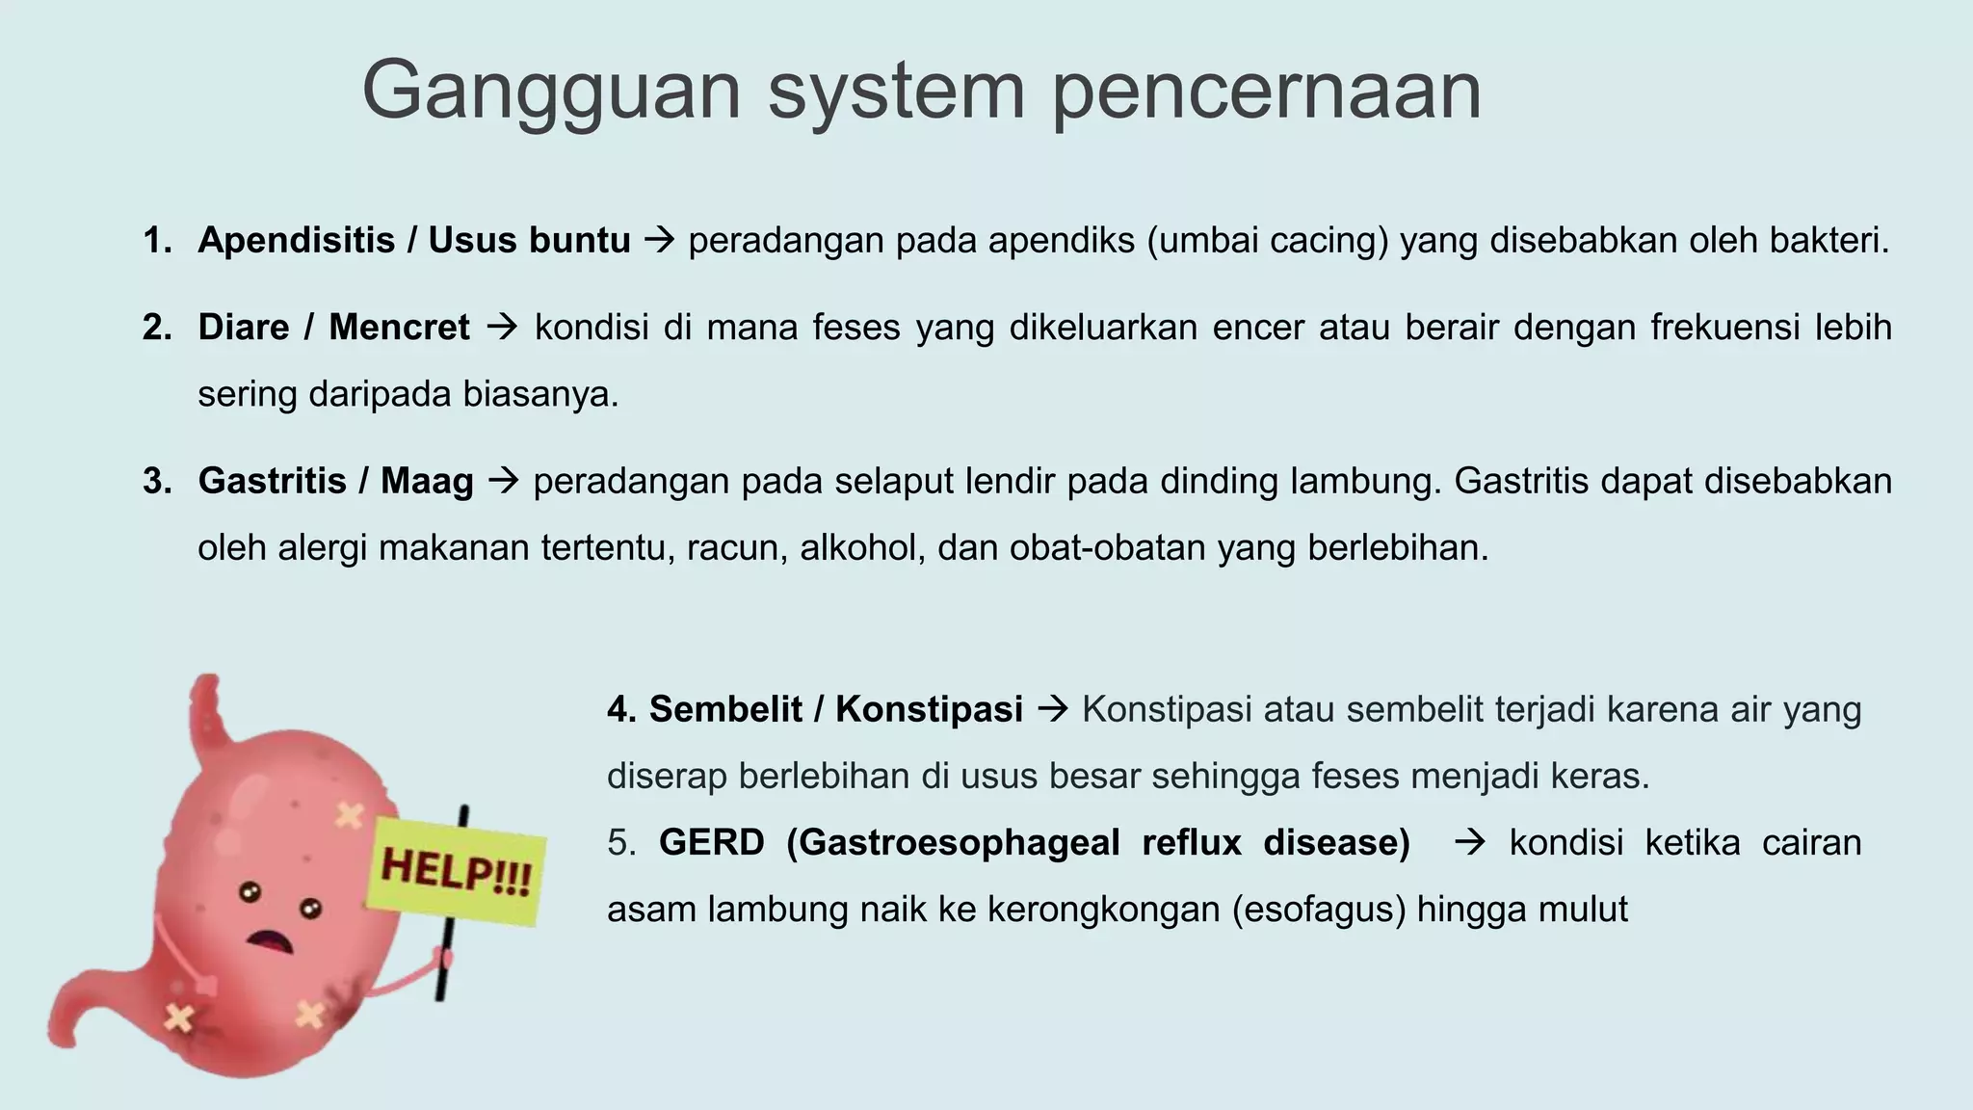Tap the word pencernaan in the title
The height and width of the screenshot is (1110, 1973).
tap(1265, 92)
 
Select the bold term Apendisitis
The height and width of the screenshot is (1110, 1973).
tap(296, 240)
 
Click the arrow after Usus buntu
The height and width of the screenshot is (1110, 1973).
tap(659, 240)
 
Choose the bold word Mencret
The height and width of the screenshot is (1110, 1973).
tap(399, 328)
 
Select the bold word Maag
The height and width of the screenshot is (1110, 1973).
tap(427, 481)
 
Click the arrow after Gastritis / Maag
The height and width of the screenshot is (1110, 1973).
tap(503, 481)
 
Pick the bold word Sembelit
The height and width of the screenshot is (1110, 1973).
tap(724, 709)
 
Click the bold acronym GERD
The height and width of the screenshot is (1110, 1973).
tap(711, 843)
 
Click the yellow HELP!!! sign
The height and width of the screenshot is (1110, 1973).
tap(456, 870)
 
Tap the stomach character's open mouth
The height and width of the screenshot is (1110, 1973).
tap(272, 940)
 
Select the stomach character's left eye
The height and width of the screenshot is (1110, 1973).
tap(250, 891)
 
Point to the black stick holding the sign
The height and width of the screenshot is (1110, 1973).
tap(445, 964)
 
